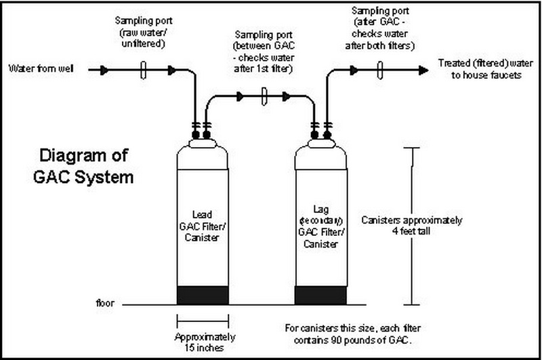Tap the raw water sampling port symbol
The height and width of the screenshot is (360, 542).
click(x=144, y=69)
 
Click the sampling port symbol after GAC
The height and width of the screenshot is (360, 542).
click(x=380, y=69)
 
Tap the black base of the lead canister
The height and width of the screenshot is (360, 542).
click(x=202, y=295)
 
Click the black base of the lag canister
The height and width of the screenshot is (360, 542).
click(x=321, y=295)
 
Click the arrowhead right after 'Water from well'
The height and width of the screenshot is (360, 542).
click(x=104, y=69)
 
